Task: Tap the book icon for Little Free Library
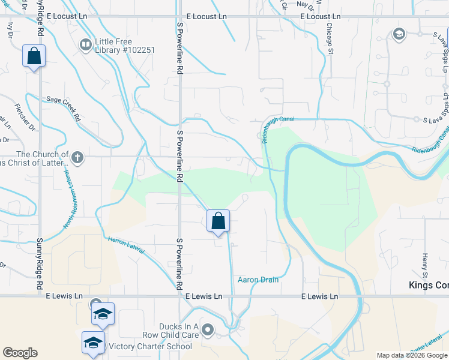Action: [x=85, y=44]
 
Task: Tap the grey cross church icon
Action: [x=76, y=158]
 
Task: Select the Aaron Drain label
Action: [x=258, y=280]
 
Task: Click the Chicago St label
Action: [x=330, y=39]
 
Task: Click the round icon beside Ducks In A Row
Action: [x=208, y=329]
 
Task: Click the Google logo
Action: [x=20, y=353]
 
